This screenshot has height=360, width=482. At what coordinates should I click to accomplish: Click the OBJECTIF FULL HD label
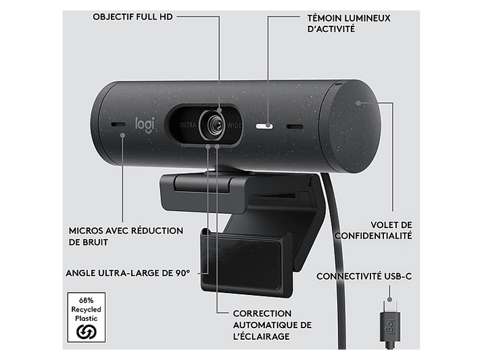click(x=132, y=17)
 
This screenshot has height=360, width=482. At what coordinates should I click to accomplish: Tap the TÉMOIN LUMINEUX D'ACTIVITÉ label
click(x=349, y=24)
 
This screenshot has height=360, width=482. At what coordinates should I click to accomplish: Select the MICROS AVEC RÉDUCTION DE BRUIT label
click(x=126, y=236)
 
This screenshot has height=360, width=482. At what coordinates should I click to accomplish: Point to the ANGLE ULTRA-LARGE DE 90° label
click(x=128, y=273)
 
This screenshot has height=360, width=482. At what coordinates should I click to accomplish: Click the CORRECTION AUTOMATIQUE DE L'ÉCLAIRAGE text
click(x=272, y=325)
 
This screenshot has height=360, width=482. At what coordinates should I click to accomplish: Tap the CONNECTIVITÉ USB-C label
click(x=364, y=276)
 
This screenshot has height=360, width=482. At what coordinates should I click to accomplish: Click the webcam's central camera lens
click(x=214, y=125)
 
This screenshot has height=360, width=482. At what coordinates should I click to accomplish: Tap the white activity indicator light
click(x=264, y=126)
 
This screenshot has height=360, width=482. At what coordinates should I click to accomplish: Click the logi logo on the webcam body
click(x=145, y=125)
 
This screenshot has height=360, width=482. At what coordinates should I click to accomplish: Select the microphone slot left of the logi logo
click(x=118, y=125)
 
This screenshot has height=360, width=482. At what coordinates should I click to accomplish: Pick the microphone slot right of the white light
click(x=295, y=127)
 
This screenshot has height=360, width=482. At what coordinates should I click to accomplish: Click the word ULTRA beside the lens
click(x=188, y=125)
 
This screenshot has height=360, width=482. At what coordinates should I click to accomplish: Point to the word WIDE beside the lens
click(x=234, y=126)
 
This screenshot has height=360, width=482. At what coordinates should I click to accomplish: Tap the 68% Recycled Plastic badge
click(x=87, y=317)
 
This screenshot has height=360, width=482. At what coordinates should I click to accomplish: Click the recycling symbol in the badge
click(x=87, y=332)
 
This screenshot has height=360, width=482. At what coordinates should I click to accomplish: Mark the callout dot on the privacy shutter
click(x=358, y=103)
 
